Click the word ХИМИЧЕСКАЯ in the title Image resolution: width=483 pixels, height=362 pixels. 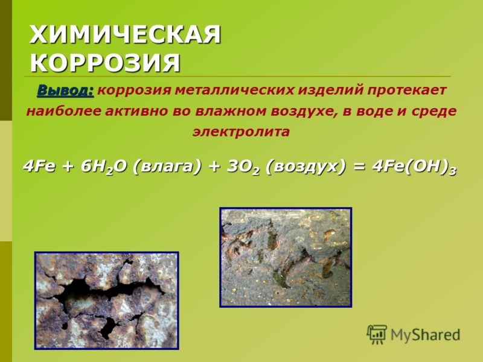click(x=126, y=35)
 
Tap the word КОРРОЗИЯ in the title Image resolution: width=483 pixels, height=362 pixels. click(x=105, y=63)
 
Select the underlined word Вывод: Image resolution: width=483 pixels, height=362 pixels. click(x=65, y=91)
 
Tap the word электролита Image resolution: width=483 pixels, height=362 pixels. click(x=241, y=132)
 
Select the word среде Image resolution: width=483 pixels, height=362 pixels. click(x=434, y=111)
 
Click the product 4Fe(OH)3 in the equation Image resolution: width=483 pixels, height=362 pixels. click(x=414, y=168)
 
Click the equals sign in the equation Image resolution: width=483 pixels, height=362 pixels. click(x=359, y=167)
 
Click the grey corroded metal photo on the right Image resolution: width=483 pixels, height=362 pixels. click(x=286, y=257)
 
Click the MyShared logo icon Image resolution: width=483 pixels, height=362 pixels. click(x=377, y=334)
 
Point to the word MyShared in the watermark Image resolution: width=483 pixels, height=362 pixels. click(x=426, y=335)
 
